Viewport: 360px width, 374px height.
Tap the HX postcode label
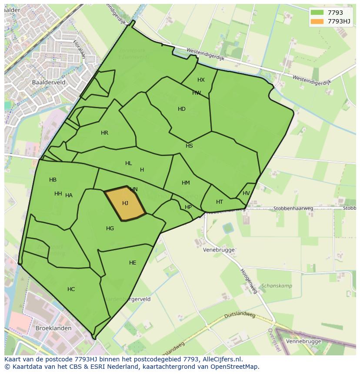201,80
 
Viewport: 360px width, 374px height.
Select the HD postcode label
182,109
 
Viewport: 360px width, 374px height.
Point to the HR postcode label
104,133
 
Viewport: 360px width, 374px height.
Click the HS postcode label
189,146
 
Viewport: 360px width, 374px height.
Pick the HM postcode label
186,183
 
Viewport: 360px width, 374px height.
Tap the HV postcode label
246,193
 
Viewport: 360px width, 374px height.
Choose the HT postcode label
220,202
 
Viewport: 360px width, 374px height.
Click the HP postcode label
188,207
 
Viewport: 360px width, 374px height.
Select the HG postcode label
110,228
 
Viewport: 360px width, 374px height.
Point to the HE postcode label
133,263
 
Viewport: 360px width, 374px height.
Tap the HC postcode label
71,289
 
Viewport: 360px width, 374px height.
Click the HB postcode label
53,180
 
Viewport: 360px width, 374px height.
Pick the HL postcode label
128,163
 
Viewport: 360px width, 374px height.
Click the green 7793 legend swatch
317,13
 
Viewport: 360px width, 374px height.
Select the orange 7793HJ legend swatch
317,21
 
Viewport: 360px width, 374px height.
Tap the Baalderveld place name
49,82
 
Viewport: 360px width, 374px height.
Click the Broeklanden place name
53,328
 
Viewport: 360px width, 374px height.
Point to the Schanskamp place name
277,286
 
